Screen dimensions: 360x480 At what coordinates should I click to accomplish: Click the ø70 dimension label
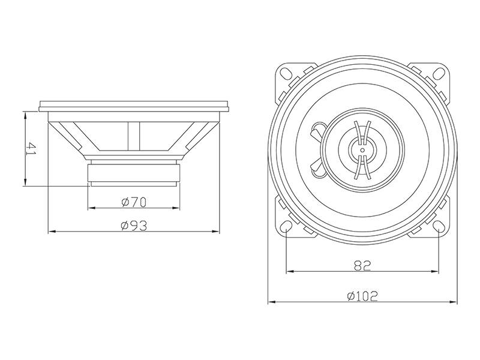[x=134, y=202]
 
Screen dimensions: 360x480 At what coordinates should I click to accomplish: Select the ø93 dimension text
[x=134, y=225]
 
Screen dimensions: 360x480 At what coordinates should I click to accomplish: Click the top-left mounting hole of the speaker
[x=287, y=73]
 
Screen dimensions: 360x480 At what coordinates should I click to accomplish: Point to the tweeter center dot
[x=363, y=149]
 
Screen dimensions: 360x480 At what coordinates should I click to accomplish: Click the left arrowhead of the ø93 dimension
[x=51, y=231]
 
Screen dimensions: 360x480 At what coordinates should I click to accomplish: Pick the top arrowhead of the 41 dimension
[x=25, y=115]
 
